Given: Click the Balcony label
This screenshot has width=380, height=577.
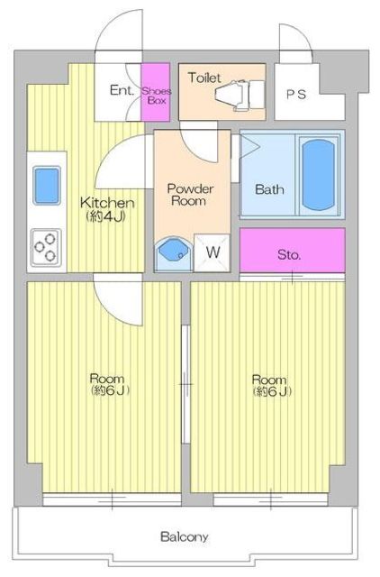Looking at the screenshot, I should [x=185, y=537].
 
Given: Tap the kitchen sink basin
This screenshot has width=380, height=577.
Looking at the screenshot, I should [x=47, y=186].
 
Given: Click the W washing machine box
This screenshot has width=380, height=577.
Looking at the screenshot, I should [x=213, y=252].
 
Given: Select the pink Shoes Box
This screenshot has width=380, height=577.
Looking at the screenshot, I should [x=157, y=92].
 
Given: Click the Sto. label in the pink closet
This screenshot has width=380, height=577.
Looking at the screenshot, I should [x=289, y=254].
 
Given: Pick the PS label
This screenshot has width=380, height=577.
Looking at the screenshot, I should [x=295, y=94].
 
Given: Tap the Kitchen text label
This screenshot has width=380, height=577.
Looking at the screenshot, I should [x=108, y=203].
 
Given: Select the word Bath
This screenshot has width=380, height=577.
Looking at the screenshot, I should [x=268, y=189].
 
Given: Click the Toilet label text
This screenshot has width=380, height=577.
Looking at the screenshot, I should [x=204, y=78].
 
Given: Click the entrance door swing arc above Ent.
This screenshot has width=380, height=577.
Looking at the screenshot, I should [x=119, y=36].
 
